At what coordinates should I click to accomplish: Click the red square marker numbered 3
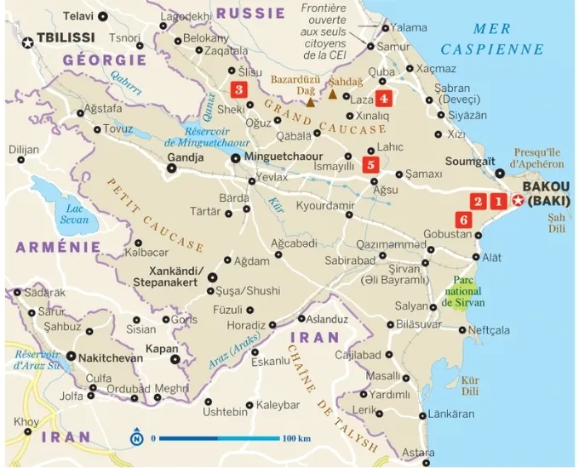(x=239, y=89)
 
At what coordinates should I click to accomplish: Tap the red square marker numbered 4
(x=384, y=98)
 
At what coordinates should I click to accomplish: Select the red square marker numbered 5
(x=370, y=165)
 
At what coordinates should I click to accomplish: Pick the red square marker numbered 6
(x=463, y=220)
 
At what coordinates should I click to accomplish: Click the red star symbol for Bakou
(x=518, y=201)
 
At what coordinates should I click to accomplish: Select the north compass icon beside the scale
(x=136, y=439)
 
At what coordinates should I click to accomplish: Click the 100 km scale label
(x=296, y=439)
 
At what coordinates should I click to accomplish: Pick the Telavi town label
(x=78, y=15)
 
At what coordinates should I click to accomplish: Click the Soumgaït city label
(x=473, y=161)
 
